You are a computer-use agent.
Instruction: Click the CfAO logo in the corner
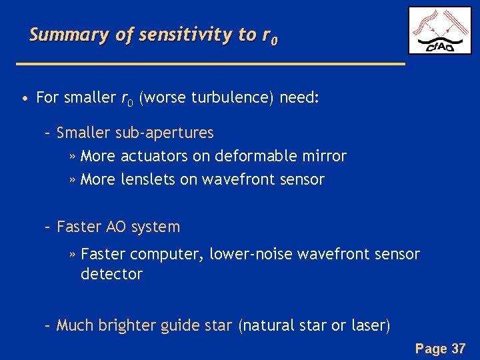pos(439,31)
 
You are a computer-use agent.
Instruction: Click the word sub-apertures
pos(164,133)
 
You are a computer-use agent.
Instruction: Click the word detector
pos(111,274)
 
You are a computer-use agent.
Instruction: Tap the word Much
pos(75,325)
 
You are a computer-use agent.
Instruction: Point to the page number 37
pos(459,348)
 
